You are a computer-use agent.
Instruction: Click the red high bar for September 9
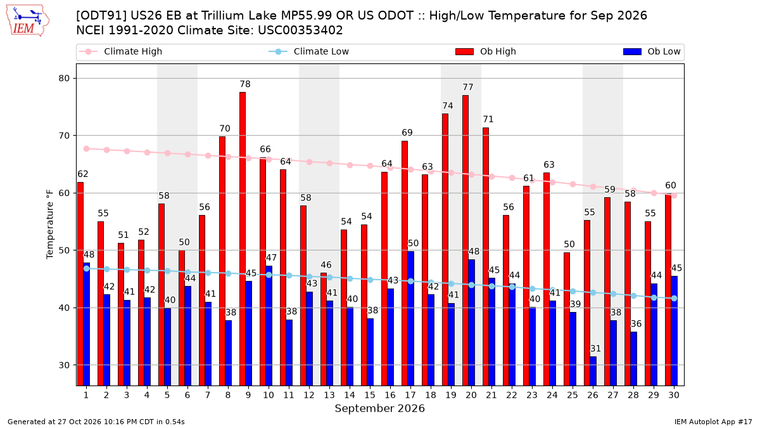243,239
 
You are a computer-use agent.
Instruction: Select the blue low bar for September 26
593,371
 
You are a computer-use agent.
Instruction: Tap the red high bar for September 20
465,240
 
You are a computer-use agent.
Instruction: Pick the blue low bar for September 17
410,318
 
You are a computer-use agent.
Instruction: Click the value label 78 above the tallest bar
245,84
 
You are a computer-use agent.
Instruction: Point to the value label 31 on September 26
595,349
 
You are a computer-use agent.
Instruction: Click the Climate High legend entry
121,51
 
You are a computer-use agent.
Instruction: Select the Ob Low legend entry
652,51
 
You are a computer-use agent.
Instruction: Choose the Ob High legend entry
486,51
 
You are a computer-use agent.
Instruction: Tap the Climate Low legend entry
309,51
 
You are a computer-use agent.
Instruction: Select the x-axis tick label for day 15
370,396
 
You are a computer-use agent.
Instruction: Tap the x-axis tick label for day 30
674,396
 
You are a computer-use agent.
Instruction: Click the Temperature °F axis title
50,224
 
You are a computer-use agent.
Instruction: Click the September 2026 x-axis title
379,408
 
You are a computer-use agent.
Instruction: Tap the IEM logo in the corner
27,21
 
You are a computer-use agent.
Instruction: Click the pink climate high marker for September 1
87,149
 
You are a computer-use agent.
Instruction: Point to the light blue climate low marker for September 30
674,298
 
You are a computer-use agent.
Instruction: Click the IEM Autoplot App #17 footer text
713,422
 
